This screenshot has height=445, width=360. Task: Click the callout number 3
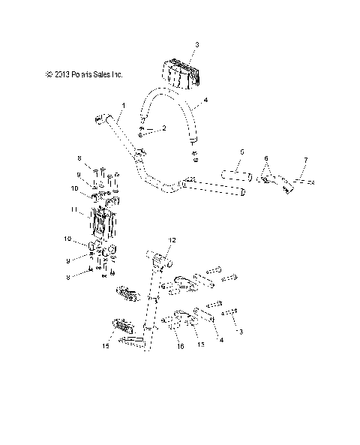[x=196, y=45]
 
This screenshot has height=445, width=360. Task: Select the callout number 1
[x=124, y=104]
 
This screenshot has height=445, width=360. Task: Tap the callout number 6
[x=265, y=158]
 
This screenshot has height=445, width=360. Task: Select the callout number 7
[x=285, y=161]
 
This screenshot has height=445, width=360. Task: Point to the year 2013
[x=62, y=74]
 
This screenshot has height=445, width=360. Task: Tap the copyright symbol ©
[x=48, y=74]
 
